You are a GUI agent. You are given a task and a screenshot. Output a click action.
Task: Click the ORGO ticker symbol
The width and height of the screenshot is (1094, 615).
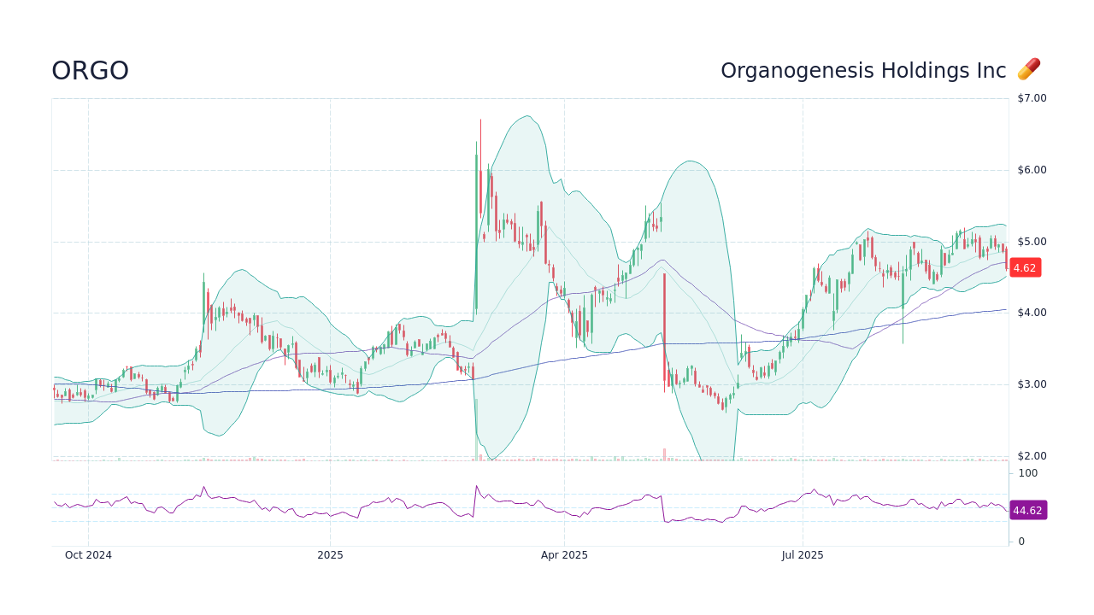(90, 71)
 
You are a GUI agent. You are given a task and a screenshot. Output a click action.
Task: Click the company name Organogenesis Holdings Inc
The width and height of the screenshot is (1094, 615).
(863, 71)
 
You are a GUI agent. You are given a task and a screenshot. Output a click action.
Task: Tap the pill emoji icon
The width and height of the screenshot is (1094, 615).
(1029, 69)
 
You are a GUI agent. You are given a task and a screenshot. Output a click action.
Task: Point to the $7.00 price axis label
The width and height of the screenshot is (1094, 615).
(1032, 98)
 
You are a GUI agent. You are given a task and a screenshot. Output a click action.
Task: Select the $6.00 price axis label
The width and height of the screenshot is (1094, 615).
(1032, 170)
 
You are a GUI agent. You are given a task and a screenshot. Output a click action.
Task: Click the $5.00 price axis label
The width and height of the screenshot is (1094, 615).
(1032, 242)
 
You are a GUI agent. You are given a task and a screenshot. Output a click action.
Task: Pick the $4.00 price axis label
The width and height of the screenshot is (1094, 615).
(1032, 313)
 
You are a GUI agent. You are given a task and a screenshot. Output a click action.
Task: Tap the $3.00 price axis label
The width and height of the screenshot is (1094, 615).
(1032, 384)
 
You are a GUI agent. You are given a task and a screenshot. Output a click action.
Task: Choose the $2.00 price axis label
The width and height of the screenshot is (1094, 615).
(1032, 456)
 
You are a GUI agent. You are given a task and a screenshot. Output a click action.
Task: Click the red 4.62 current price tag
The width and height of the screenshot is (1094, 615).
(1025, 267)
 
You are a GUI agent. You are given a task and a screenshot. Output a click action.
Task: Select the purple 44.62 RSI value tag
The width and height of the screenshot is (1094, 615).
(1027, 511)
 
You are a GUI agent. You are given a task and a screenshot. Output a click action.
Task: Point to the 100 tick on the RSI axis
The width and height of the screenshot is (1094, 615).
(1027, 473)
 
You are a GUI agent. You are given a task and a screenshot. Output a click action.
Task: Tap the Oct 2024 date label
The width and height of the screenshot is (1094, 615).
(88, 555)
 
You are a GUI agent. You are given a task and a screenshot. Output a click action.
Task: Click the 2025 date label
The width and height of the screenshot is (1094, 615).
(330, 555)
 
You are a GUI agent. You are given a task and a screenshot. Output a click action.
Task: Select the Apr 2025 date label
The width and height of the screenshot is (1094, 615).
(564, 555)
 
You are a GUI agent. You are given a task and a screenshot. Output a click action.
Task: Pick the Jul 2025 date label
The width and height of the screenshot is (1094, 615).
(803, 555)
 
